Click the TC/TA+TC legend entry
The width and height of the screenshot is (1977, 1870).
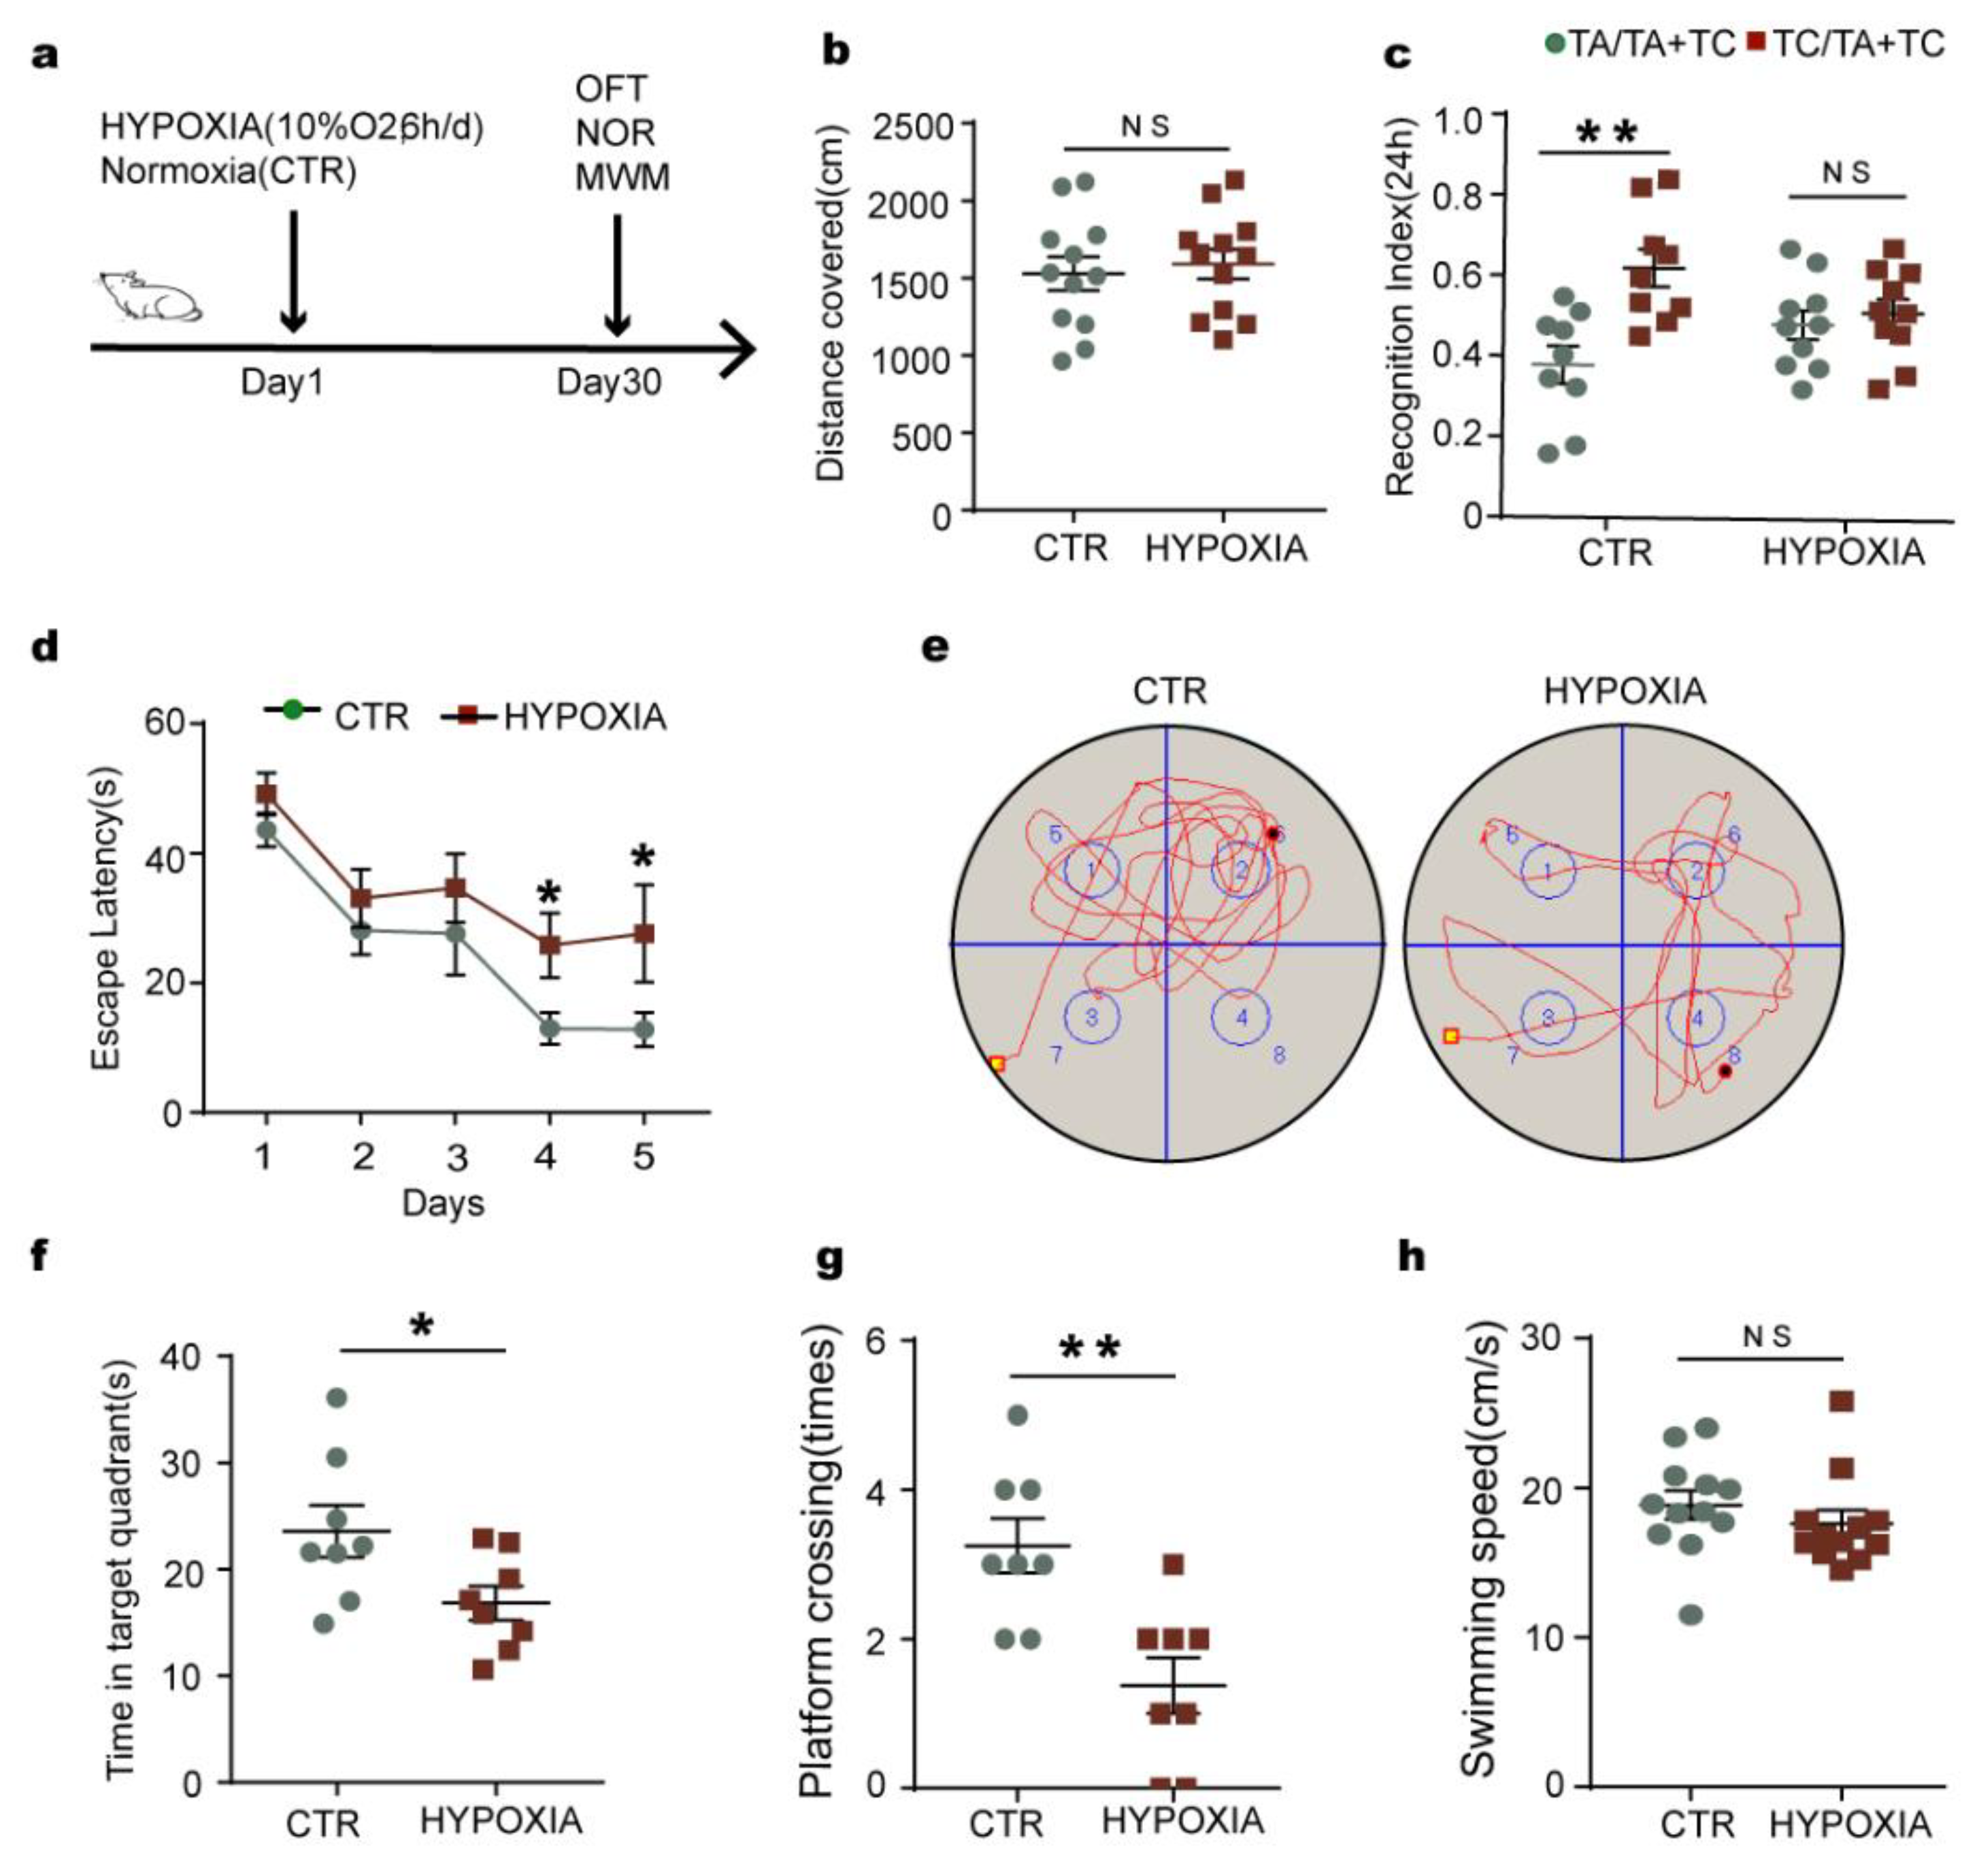pos(1846,44)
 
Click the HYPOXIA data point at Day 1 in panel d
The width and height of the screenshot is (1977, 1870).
pos(266,793)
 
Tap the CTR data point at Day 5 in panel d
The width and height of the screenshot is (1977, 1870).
pos(645,1030)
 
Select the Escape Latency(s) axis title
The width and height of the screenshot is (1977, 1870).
pos(105,918)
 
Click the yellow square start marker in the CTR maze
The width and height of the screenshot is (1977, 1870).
pos(997,1064)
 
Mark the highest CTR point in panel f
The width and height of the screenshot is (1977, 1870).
pos(337,1398)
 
